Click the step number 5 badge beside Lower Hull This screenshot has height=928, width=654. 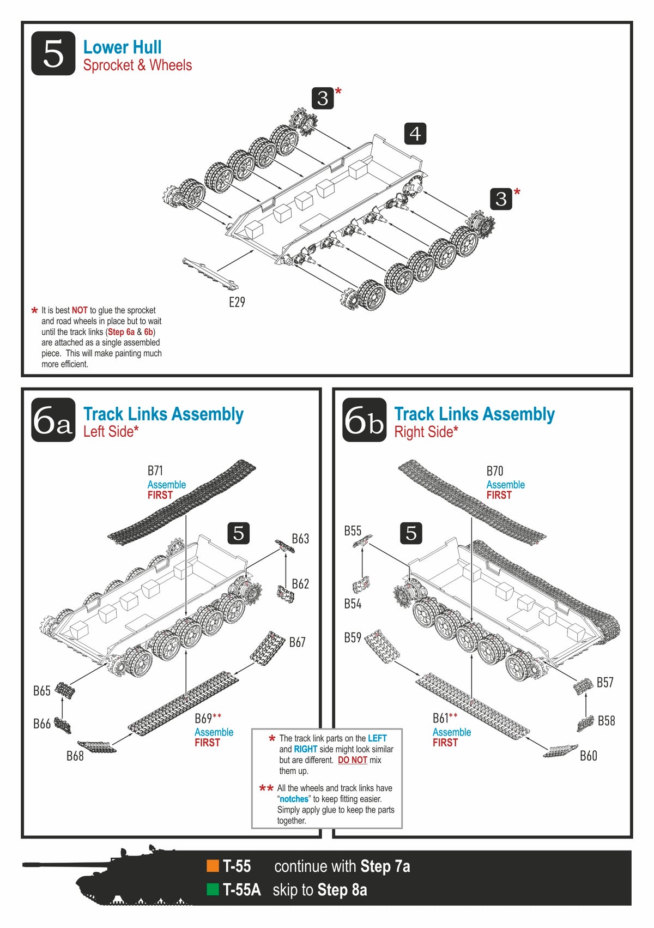click(53, 53)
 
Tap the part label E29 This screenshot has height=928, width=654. click(237, 302)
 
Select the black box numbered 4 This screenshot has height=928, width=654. click(415, 134)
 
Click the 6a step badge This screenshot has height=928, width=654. click(53, 420)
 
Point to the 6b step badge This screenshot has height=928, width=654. click(364, 420)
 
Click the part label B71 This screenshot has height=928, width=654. click(155, 471)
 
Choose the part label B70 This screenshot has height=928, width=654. click(495, 471)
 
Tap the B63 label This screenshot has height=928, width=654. click(300, 539)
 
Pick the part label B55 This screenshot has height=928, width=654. click(353, 531)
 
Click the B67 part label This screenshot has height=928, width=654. click(297, 642)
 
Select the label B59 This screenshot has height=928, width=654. click(353, 637)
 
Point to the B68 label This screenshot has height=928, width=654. click(75, 756)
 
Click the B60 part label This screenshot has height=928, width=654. click(589, 756)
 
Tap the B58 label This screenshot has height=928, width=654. click(606, 721)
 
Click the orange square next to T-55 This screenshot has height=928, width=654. click(213, 866)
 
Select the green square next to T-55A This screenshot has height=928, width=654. click(213, 890)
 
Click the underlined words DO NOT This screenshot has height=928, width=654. click(352, 760)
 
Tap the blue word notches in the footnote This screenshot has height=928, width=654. click(294, 799)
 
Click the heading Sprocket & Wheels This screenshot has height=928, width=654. click(137, 65)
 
